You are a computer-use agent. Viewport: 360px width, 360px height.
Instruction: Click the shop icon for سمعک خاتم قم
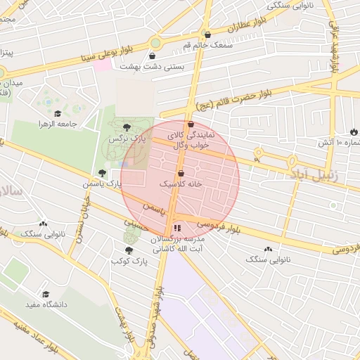point(207,34)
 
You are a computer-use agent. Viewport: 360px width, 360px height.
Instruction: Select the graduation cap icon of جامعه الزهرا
point(57,113)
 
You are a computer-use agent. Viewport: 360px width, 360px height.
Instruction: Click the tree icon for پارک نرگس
point(127,127)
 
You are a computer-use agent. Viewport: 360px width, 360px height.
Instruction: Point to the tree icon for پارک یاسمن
point(103,172)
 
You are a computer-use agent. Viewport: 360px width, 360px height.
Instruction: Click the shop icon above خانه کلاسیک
point(181,172)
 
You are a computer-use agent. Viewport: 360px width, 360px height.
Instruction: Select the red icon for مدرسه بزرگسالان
point(176,228)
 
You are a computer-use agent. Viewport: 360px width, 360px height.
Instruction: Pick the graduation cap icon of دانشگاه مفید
point(46,295)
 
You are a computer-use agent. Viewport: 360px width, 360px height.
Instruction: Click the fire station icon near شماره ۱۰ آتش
point(353,131)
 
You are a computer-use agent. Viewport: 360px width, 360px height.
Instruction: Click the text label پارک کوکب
point(127,261)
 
